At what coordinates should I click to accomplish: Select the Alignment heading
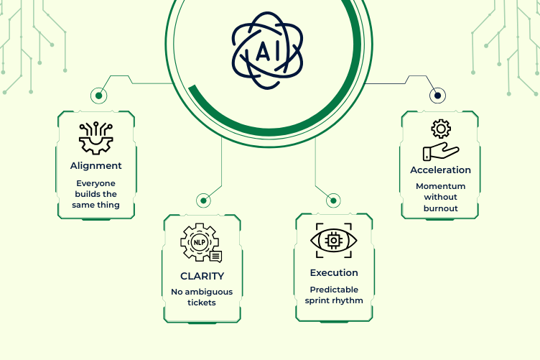[x=96, y=165]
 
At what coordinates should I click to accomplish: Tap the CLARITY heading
[x=202, y=276]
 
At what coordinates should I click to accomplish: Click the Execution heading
[x=334, y=273]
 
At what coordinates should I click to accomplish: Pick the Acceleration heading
[x=440, y=170]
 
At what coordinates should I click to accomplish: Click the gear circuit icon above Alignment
[x=96, y=138]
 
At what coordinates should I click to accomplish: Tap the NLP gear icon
[x=201, y=244]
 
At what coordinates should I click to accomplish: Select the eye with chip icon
[x=334, y=241]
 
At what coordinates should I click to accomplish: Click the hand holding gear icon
[x=440, y=141]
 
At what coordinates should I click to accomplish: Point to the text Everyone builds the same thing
[x=96, y=194]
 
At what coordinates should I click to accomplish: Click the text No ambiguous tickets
[x=202, y=297]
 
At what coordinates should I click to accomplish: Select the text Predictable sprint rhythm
[x=334, y=295]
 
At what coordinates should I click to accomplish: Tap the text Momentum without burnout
[x=440, y=198]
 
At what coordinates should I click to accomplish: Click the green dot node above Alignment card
[x=99, y=96]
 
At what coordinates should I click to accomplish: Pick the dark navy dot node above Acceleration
[x=435, y=95]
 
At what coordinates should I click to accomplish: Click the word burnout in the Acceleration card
[x=440, y=209]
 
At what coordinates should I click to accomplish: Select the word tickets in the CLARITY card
[x=202, y=303]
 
